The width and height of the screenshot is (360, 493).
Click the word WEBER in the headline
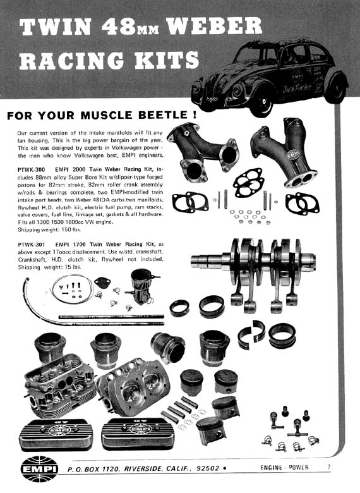click(x=215, y=26)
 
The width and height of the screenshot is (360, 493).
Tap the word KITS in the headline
click(x=167, y=60)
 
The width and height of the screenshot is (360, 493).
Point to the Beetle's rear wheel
click(x=335, y=89)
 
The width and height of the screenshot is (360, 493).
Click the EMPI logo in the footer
click(x=39, y=469)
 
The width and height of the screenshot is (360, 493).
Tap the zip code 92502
click(x=208, y=468)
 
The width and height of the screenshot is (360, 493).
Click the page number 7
click(x=328, y=467)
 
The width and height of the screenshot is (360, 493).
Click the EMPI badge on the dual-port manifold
click(x=293, y=154)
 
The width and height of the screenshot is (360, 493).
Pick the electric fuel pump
click(x=141, y=286)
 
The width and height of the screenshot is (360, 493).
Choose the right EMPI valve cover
click(x=138, y=432)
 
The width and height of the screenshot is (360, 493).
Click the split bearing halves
click(x=251, y=334)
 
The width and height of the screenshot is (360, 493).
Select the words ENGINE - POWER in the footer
click(x=284, y=468)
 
